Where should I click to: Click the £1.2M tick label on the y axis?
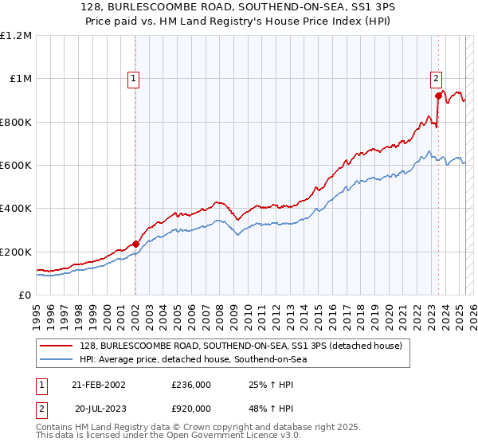(16, 36)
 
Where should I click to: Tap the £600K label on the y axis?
(16, 166)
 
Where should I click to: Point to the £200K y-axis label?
(16, 252)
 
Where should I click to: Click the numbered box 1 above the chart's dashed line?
(132, 78)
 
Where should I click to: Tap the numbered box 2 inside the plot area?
(437, 78)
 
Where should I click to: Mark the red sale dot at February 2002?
(135, 245)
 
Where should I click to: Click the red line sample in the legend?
(57, 346)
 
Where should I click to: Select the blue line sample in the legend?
(57, 359)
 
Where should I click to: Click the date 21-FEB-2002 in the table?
(99, 385)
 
